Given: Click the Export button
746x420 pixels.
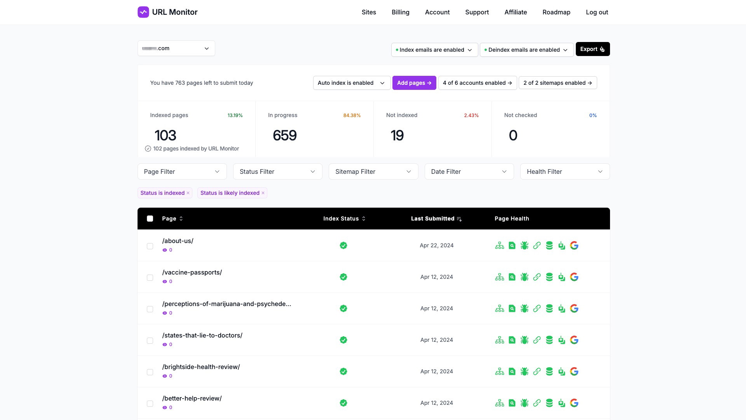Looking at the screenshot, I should point(592,49).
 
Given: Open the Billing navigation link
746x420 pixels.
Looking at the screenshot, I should point(400,12).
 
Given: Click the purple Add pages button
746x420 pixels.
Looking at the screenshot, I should point(414,83).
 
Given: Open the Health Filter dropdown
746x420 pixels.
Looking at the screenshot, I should point(565,171).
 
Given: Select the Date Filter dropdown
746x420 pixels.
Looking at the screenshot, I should point(469,171).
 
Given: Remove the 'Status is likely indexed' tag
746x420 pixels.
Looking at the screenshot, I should point(263,193).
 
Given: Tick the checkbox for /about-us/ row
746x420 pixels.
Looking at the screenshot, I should point(150,246).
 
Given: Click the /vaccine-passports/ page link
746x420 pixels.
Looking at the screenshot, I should point(192,272).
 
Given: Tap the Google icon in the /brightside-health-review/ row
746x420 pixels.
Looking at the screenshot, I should point(574,371).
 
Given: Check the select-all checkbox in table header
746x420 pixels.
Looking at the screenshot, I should point(150,219).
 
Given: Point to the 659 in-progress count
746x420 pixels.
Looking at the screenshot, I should point(284,135).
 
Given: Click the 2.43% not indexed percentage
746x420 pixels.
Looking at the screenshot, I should point(471,115).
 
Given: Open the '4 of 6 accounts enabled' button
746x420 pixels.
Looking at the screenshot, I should point(477,83).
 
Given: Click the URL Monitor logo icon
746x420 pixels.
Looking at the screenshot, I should point(143,12).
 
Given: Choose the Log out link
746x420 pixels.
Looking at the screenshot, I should point(597,12).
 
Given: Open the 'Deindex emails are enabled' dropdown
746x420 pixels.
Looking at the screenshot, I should point(526,50).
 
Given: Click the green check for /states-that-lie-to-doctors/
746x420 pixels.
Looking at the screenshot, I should point(343,340).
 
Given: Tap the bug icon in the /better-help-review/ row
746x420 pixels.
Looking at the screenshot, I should point(524,403).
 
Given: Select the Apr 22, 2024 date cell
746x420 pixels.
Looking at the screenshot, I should point(436,245).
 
